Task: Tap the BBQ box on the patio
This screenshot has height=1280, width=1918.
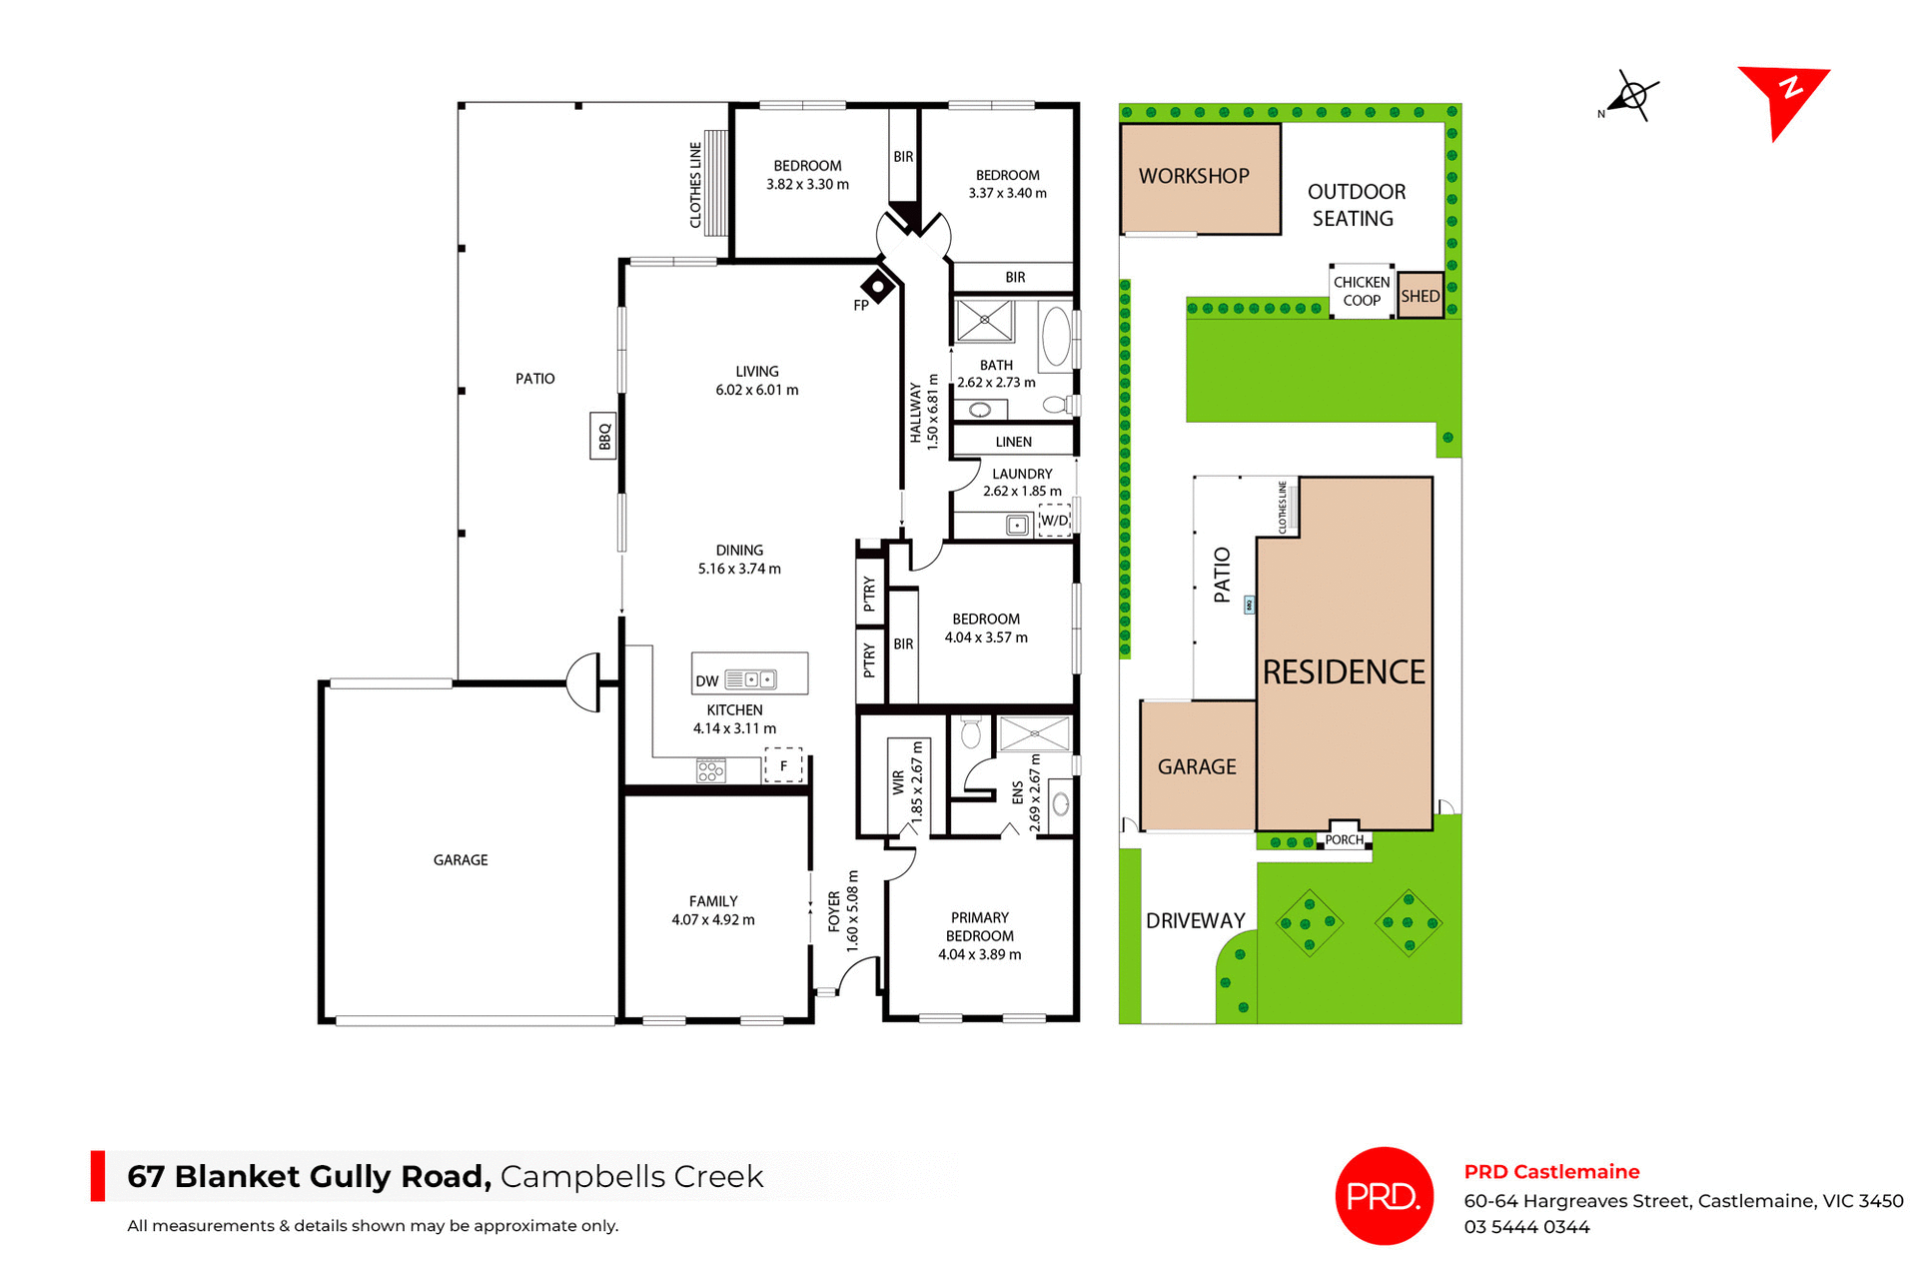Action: [x=603, y=437]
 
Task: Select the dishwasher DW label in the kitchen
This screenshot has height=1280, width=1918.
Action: [x=707, y=681]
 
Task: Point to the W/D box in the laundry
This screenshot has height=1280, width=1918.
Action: [x=1054, y=521]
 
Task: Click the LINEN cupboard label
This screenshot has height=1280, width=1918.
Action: [x=1013, y=442]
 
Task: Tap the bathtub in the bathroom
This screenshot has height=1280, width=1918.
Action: [x=1056, y=337]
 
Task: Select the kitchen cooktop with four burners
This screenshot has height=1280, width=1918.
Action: [x=711, y=770]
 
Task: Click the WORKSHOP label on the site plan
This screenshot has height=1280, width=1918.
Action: [x=1194, y=176]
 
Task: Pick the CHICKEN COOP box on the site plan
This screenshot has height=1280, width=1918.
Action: [x=1361, y=291]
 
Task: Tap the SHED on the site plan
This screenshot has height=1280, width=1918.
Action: [x=1420, y=296]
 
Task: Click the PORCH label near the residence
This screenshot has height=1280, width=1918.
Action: [x=1344, y=840]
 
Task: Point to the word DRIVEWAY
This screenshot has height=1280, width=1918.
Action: [x=1195, y=921]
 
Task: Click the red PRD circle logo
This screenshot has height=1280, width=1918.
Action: [x=1384, y=1195]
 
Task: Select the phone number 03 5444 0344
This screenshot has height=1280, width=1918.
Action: [x=1526, y=1227]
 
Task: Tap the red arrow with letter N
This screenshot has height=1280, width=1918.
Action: [x=1784, y=97]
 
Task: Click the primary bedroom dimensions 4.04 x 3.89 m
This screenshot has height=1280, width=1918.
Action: [x=979, y=955]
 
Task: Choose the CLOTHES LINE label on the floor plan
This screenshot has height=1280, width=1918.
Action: [x=695, y=185]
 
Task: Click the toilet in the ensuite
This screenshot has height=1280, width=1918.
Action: [x=970, y=733]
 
